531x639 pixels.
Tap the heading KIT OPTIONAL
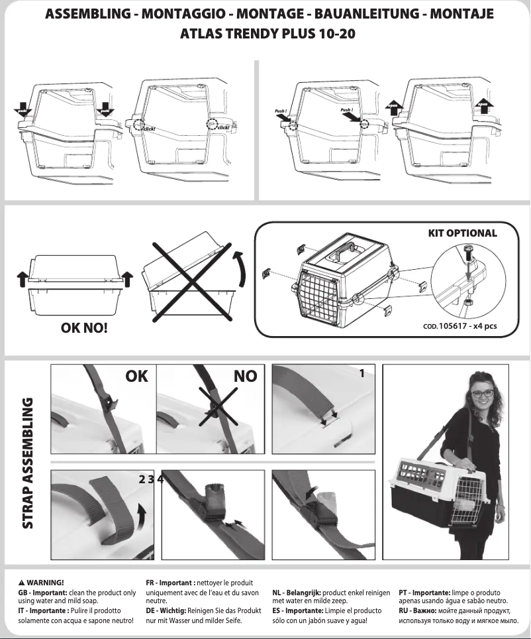tap(461, 233)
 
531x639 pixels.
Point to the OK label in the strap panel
tap(136, 377)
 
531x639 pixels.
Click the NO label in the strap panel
tap(246, 377)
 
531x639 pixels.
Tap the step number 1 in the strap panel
tap(362, 374)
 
